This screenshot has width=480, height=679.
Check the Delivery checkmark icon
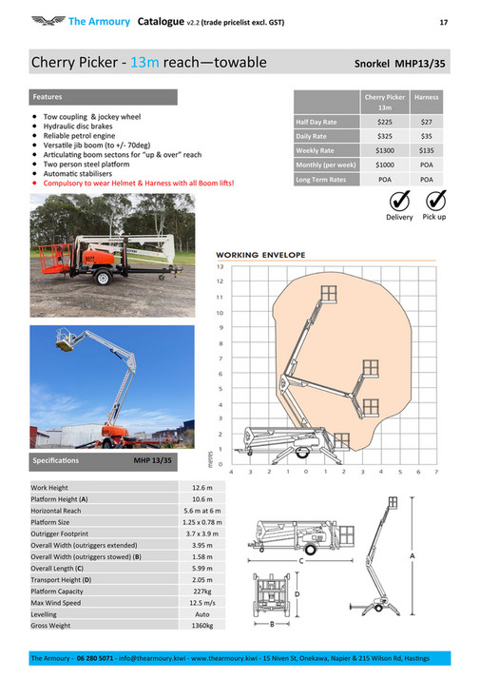point(399,201)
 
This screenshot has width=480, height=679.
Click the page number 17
point(443,22)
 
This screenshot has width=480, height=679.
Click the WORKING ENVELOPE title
point(260,255)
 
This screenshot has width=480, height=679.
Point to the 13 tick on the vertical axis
point(221,265)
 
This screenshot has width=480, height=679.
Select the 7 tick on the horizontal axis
point(435,471)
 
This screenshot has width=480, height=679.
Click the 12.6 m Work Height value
point(202,488)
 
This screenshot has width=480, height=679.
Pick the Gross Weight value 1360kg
point(202,627)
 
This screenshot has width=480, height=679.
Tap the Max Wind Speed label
point(56,603)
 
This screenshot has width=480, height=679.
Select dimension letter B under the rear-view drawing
point(272,624)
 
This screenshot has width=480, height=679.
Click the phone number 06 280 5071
point(95,658)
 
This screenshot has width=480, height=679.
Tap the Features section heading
point(48,97)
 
